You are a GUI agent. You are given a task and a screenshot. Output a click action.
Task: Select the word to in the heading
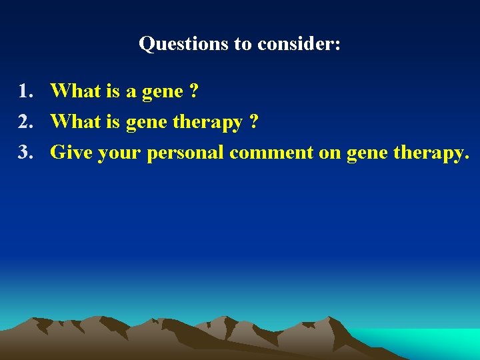click(x=242, y=44)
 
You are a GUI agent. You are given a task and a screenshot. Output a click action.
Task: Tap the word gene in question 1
click(x=159, y=92)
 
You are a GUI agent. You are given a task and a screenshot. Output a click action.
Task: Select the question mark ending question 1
click(x=193, y=91)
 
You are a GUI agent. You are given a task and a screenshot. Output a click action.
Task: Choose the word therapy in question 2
click(x=209, y=123)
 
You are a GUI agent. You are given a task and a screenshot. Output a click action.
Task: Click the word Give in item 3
click(x=71, y=152)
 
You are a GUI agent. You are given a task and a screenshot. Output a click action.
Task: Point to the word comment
click(x=271, y=152)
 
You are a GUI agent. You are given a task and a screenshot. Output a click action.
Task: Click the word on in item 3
click(x=329, y=153)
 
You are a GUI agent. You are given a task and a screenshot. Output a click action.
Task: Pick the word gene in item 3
click(x=367, y=153)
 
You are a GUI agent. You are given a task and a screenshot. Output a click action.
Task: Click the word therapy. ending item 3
click(x=432, y=153)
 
